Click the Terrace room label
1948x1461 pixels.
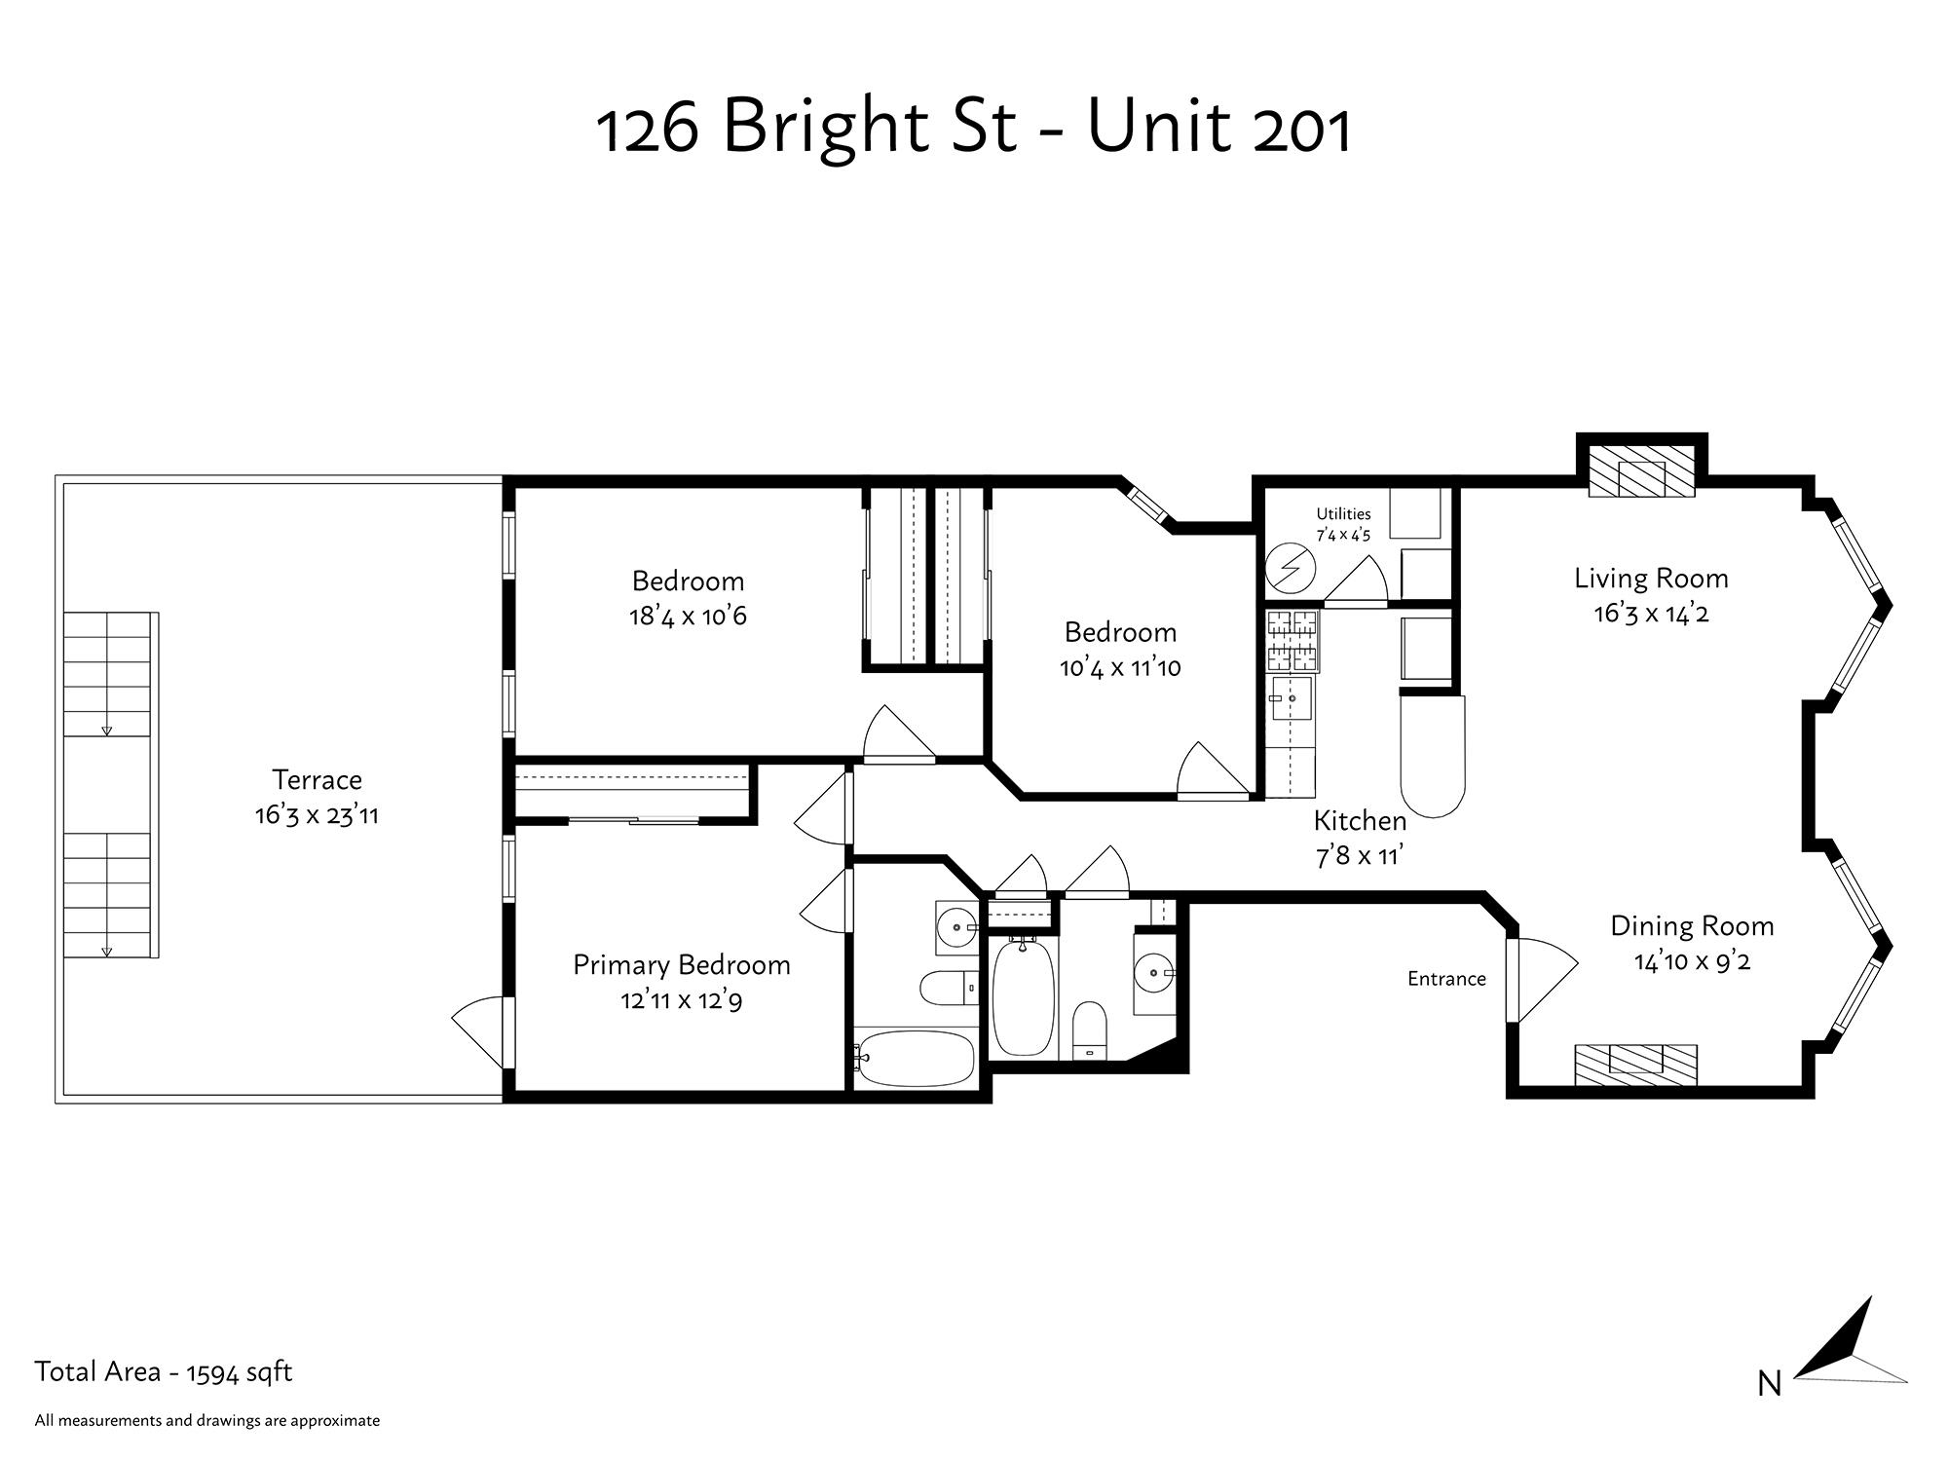[x=317, y=780]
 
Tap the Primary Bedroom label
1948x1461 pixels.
[x=682, y=965]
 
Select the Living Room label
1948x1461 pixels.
[x=1651, y=579]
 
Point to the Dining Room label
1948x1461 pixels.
[x=1692, y=926]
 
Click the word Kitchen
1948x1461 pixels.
[x=1360, y=821]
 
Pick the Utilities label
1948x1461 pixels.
[x=1343, y=514]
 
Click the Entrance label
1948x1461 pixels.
[x=1446, y=979]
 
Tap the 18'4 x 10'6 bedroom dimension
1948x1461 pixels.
[x=688, y=617]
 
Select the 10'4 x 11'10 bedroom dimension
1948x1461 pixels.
[x=1120, y=668]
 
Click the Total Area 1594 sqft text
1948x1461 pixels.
[x=164, y=1372]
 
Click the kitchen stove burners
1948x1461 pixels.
[x=1292, y=640]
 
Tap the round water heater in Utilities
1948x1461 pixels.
[x=1291, y=568]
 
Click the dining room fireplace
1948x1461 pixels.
[x=1636, y=1065]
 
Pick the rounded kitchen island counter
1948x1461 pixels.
[x=1432, y=756]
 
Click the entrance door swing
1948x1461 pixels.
[x=1543, y=980]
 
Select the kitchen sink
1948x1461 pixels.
[x=1291, y=698]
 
